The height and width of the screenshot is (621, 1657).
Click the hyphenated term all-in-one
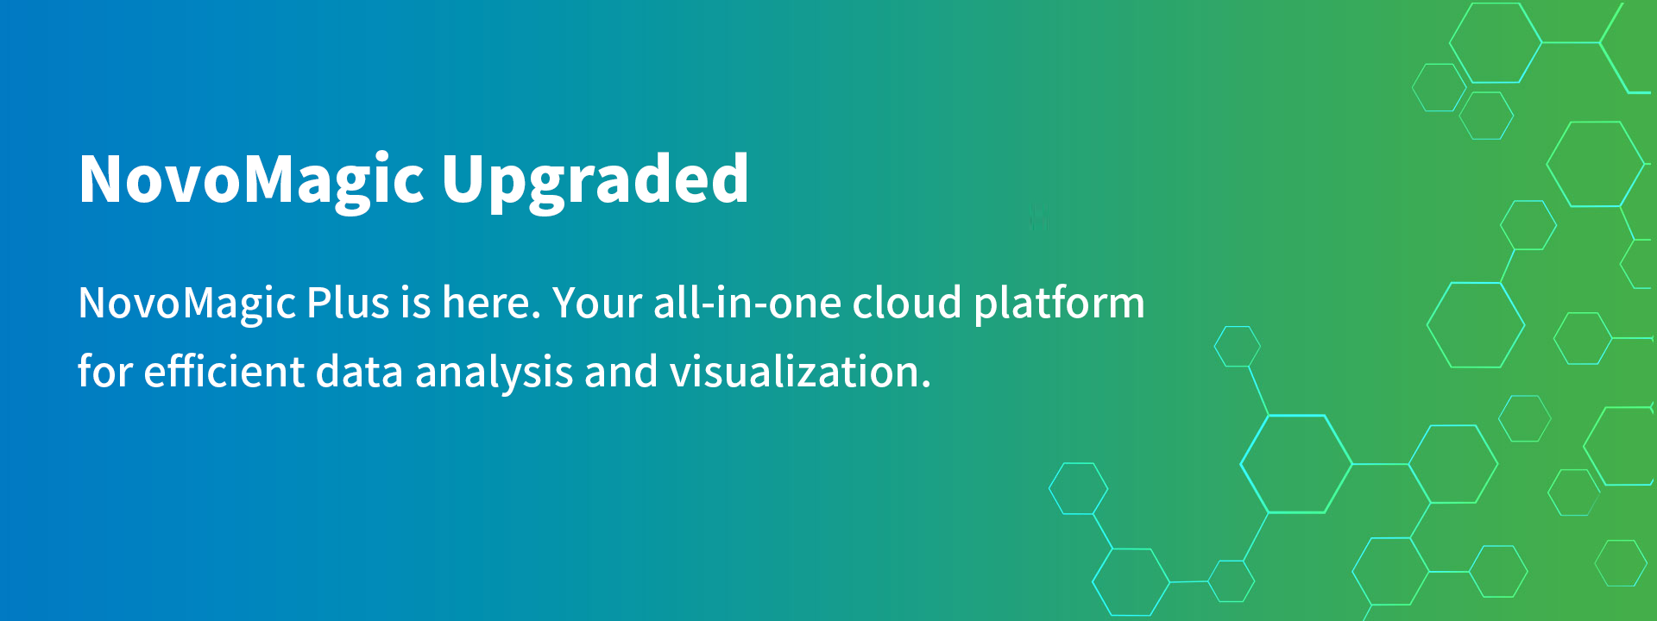[747, 303]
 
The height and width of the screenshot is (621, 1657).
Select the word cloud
[906, 303]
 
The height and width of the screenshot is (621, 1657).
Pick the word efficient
[224, 372]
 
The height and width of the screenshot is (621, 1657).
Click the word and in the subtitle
[621, 372]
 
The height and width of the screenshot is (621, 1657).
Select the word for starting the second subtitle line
[105, 372]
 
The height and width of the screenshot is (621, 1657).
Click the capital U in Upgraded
[464, 179]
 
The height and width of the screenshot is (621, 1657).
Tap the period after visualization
[926, 386]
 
